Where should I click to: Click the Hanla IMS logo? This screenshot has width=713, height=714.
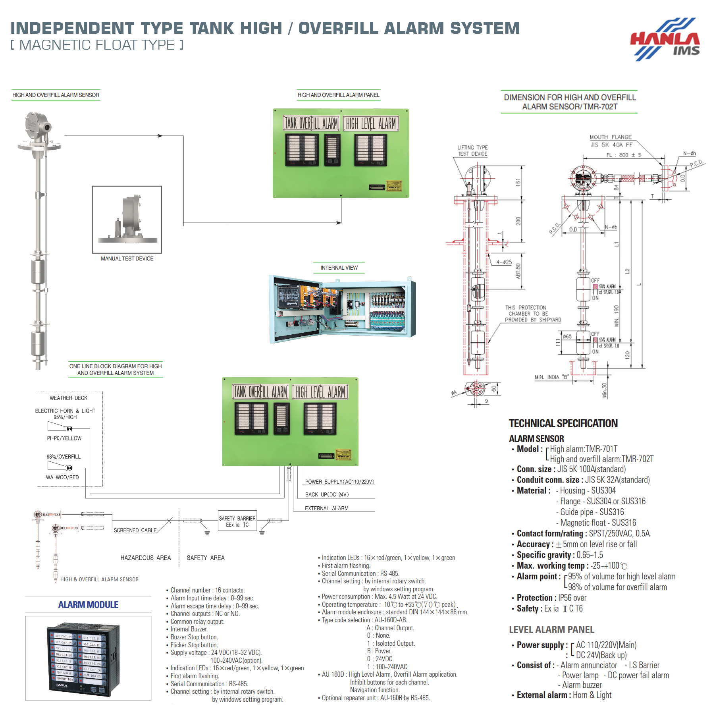coord(666,39)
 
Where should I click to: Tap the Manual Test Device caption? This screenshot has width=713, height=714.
coord(127,259)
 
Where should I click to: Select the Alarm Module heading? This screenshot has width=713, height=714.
coord(88,604)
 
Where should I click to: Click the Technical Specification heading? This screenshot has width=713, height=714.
coord(563,423)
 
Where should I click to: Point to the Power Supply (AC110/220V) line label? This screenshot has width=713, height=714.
coord(339,482)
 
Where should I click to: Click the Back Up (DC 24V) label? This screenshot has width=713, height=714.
coord(327,494)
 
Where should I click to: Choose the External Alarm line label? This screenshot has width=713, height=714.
coord(326,508)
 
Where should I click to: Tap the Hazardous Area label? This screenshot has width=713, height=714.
coord(145,558)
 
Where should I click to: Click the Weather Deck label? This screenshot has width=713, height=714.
coord(68,398)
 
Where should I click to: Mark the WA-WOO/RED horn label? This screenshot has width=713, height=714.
coord(62,477)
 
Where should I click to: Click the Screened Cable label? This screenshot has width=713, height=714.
coord(135,530)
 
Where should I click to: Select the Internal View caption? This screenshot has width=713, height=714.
coord(339,268)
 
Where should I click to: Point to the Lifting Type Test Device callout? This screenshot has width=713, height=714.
coord(472,151)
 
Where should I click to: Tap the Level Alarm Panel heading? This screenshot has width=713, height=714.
coord(551,629)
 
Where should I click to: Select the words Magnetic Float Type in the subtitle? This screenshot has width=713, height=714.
coord(97,45)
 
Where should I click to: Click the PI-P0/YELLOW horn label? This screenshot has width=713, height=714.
coord(64,438)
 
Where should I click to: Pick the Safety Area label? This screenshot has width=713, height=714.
coord(206,558)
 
